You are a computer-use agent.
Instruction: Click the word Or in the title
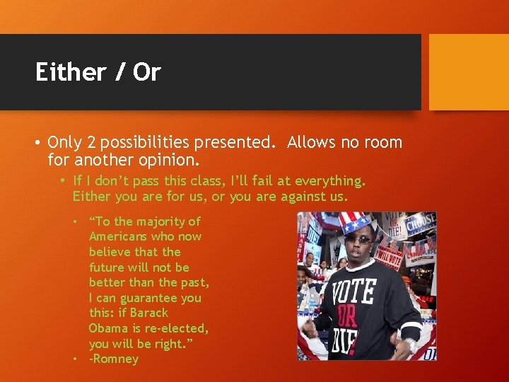[147, 72]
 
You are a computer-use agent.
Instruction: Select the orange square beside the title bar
[469, 72]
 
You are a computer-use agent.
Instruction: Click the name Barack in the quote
[148, 313]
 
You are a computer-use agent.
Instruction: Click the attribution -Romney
[113, 359]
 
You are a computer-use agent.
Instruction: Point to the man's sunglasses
[358, 241]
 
